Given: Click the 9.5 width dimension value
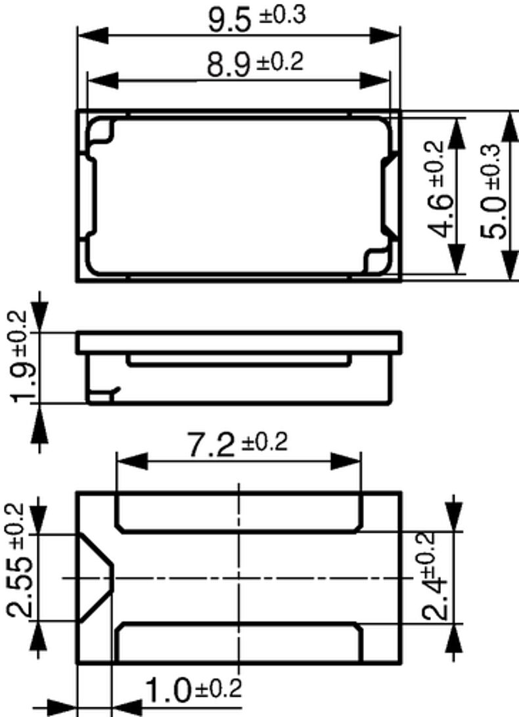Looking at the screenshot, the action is tap(230, 20).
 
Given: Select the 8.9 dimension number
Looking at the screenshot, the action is tap(229, 66).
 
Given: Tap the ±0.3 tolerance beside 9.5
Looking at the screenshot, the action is tap(282, 16).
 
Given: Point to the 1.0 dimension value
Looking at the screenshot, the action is tap(168, 691).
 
